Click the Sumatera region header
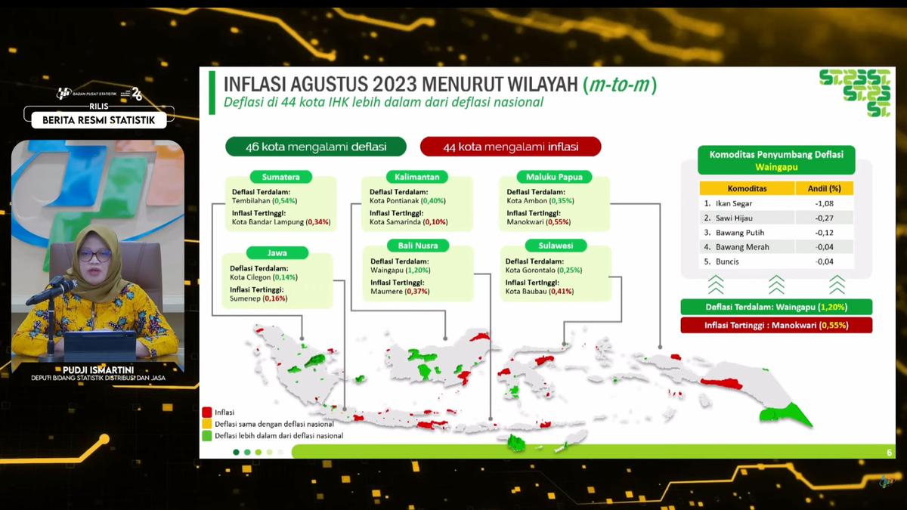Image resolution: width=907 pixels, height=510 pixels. coord(280,177)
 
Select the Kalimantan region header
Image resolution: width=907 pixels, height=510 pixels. coord(416,177)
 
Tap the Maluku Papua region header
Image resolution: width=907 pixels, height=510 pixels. coord(554,177)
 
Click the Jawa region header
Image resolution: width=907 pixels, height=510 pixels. coord(277,253)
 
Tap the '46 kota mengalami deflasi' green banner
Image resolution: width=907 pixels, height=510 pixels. coord(316,147)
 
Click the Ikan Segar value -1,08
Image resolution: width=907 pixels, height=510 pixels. coord(824,204)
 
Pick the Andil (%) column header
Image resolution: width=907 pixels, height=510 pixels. coord(824,188)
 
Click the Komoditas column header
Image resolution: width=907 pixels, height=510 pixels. coord(747,188)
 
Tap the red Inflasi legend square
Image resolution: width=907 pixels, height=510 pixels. coord(206,413)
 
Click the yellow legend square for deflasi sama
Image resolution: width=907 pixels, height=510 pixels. coord(206,424)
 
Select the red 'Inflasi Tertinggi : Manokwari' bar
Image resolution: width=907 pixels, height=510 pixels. coord(776,326)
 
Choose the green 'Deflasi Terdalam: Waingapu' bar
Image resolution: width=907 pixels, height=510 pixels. coord(776,308)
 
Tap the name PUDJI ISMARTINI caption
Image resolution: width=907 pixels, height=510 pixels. coord(98,369)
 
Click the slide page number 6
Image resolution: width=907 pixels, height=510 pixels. coord(889,453)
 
